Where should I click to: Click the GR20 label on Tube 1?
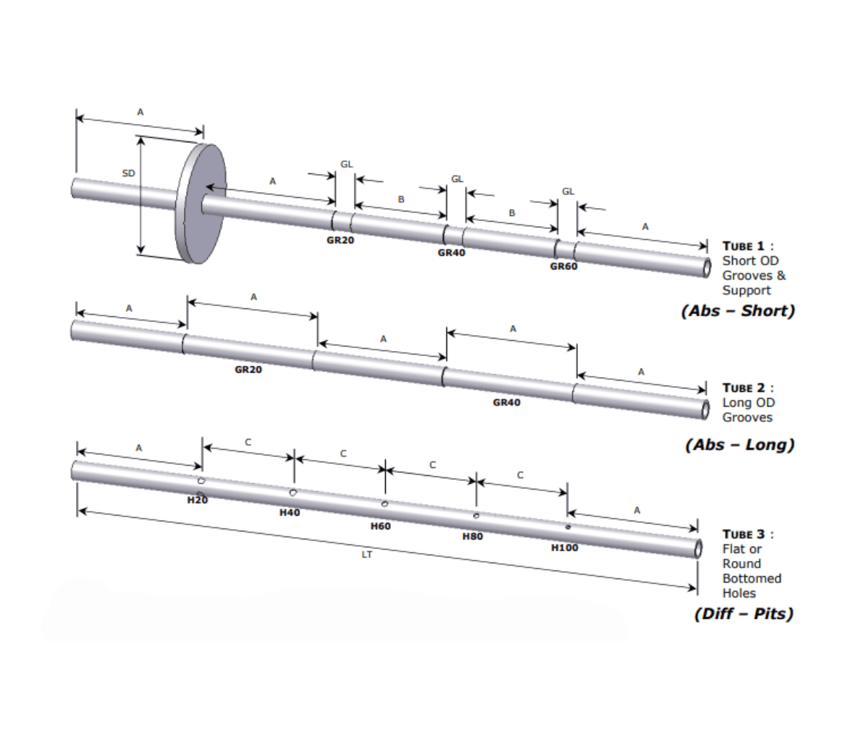(x=340, y=240)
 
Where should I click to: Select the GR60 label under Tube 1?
(x=563, y=266)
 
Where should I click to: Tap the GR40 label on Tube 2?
(x=506, y=402)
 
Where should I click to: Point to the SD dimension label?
(x=128, y=173)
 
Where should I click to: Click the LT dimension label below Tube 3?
(x=366, y=555)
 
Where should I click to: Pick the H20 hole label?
(x=197, y=500)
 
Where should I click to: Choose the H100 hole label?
(x=564, y=547)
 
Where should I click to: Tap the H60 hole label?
(x=380, y=526)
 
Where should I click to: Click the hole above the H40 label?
(x=293, y=492)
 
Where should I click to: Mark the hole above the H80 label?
(x=476, y=516)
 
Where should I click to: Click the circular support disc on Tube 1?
(x=200, y=204)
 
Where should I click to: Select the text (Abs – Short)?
(x=737, y=311)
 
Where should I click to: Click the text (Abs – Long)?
(x=739, y=444)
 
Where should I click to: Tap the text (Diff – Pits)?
(x=743, y=614)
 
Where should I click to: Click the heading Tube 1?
(x=747, y=246)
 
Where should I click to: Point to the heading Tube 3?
(x=747, y=534)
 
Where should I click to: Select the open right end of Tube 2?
(x=705, y=409)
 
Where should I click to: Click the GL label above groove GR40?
(x=457, y=179)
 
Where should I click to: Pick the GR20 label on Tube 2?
(x=248, y=370)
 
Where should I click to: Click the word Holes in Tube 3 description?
(x=739, y=594)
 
